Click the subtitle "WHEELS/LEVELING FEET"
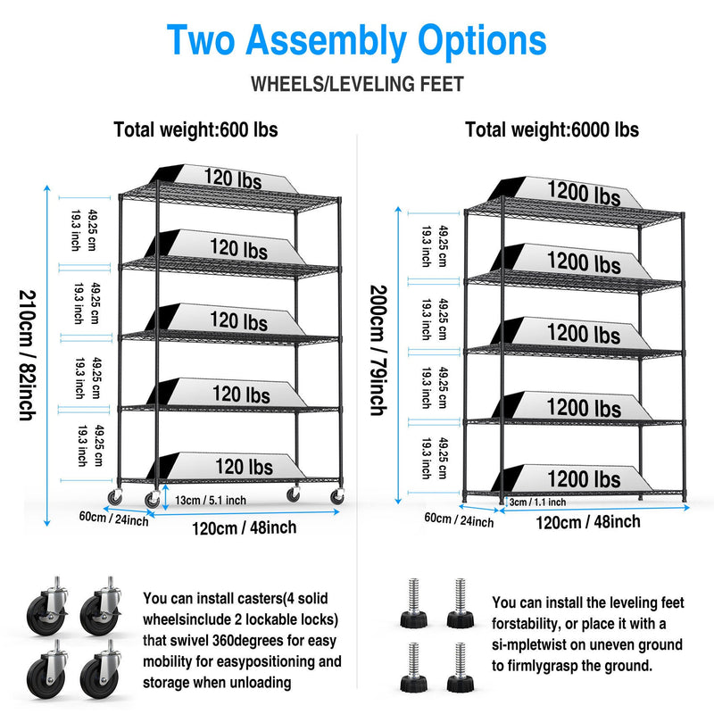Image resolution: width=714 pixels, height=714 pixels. pos(357,85)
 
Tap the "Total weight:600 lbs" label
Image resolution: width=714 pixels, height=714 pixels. pos(195,130)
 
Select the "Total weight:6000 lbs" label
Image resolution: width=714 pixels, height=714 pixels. pos(552,130)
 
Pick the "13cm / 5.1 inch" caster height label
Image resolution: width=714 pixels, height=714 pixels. pos(212,500)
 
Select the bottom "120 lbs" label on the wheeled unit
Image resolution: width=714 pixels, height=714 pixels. pos(244,466)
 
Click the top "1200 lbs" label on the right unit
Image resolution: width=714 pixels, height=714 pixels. pos(584,193)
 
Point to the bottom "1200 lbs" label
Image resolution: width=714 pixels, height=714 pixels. pos(584,479)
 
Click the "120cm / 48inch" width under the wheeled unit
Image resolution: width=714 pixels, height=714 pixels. pos(244,527)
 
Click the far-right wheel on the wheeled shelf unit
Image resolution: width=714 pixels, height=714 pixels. pos(337,496)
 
